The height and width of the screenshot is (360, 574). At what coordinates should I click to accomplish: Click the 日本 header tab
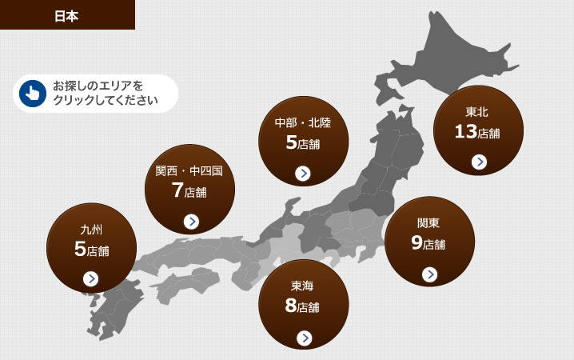point(66,15)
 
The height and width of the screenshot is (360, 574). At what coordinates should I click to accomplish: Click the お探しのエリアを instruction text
point(97,86)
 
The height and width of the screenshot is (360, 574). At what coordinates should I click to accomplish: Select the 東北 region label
point(477,113)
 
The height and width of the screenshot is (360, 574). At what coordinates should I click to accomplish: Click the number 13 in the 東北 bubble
point(465,132)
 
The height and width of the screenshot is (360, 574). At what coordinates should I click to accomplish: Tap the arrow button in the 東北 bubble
point(479,162)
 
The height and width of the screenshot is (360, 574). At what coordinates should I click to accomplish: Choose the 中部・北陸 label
point(302,123)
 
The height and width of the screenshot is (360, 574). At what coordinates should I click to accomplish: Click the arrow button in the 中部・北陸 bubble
point(303,173)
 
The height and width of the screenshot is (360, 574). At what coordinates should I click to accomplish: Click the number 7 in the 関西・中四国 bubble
point(177,190)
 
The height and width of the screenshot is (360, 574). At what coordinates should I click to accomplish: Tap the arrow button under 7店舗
point(190,222)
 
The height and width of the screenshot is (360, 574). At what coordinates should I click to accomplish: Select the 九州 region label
point(91,230)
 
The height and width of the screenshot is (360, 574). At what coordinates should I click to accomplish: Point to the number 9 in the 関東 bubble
point(417,242)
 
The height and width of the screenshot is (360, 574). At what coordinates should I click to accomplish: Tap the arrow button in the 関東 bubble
point(429,274)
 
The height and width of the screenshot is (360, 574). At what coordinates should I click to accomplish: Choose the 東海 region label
point(303,286)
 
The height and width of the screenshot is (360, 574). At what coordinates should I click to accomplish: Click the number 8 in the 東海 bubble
point(290,306)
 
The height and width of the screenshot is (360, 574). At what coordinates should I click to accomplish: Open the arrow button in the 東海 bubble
point(303,338)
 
